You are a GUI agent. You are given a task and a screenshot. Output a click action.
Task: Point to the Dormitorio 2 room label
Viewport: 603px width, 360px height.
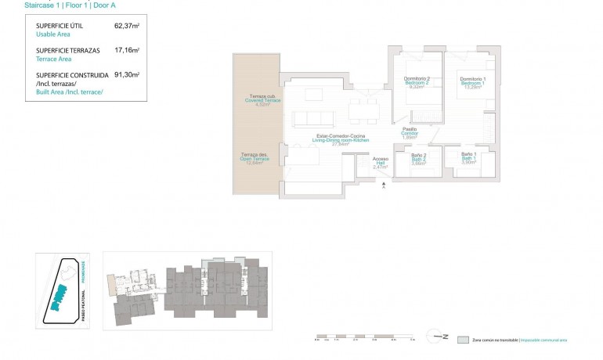(x=417, y=82)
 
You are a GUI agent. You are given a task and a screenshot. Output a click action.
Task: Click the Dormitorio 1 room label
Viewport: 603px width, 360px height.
(x=472, y=82)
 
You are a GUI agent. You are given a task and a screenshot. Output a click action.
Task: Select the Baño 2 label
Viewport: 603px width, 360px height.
(x=419, y=159)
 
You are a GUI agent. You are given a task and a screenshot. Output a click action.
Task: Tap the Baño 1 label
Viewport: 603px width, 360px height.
(x=469, y=157)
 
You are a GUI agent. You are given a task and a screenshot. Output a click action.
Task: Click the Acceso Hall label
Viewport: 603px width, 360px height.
(x=381, y=163)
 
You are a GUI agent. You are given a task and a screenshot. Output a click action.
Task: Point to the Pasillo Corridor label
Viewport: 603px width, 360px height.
(x=410, y=132)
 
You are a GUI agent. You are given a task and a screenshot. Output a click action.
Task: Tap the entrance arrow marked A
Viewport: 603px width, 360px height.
(x=382, y=184)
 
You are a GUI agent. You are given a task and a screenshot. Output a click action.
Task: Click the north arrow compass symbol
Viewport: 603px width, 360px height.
(x=438, y=338)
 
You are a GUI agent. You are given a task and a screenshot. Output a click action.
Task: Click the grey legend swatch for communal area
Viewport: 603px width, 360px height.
(x=464, y=340)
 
